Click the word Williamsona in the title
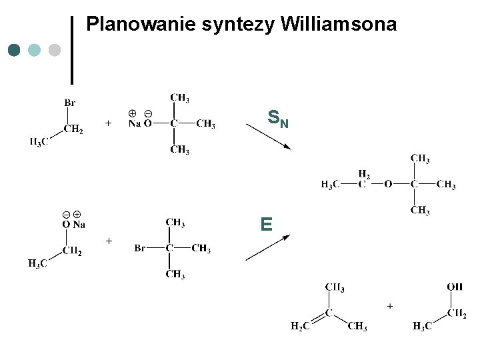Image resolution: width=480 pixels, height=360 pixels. click(x=339, y=25)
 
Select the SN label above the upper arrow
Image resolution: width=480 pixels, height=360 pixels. click(x=278, y=119)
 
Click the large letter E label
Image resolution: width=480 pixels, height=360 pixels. click(x=267, y=224)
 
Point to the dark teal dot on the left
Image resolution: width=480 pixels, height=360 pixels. click(x=14, y=50)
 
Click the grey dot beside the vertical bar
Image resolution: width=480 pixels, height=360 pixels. click(x=55, y=50)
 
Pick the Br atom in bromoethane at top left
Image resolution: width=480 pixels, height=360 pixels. click(x=70, y=103)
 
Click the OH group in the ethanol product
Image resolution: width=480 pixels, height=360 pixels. click(x=455, y=287)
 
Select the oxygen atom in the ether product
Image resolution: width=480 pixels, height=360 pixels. click(x=388, y=185)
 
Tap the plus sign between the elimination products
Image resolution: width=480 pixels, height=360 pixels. click(x=389, y=306)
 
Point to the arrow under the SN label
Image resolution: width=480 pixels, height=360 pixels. click(x=273, y=138)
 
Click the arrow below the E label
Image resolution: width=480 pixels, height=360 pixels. click(x=267, y=247)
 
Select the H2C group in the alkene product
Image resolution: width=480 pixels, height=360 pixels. click(x=299, y=326)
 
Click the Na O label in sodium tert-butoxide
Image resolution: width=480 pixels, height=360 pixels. click(x=140, y=123)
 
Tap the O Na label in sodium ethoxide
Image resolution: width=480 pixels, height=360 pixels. click(x=73, y=225)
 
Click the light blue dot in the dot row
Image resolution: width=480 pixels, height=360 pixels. click(x=35, y=50)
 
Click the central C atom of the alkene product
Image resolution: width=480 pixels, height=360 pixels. click(x=329, y=311)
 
